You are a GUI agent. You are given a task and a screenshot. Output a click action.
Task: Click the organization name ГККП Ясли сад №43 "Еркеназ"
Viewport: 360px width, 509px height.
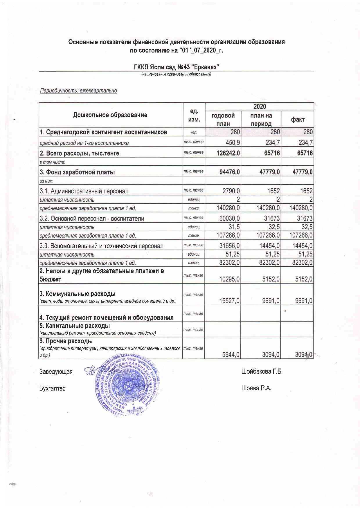coord(177,67)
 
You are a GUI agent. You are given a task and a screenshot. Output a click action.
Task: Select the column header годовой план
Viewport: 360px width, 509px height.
coord(223,119)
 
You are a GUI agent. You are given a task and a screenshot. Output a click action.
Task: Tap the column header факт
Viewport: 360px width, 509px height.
coord(298,119)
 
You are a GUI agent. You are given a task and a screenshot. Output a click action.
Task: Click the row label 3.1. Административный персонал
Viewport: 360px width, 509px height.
coord(84,191)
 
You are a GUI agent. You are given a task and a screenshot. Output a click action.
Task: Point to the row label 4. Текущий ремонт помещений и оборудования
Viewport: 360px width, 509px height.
coord(107,317)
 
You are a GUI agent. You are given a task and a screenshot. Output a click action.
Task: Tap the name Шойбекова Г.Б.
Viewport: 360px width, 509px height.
coord(262,371)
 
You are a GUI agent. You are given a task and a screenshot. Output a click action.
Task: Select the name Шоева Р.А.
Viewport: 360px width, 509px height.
coord(256,388)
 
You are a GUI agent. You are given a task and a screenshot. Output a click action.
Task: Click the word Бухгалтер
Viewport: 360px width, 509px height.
coord(53,388)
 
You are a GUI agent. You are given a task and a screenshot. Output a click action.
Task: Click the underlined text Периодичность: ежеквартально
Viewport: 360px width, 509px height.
coord(78,91)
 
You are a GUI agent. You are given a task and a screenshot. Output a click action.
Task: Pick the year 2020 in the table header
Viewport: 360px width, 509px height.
coord(259,107)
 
